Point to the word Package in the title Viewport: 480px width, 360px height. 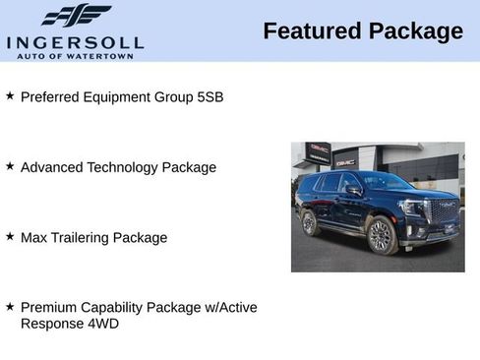pyautogui.click(x=416, y=31)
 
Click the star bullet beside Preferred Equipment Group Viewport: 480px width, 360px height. pyautogui.click(x=10, y=96)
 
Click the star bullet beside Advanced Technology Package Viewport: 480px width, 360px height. pyautogui.click(x=10, y=166)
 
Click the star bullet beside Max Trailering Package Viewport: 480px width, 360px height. pyautogui.click(x=10, y=236)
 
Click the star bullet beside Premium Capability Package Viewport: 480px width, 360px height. pyautogui.click(x=10, y=306)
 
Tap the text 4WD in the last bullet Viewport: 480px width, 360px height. pyautogui.click(x=101, y=323)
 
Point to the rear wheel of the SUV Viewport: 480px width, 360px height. pyautogui.click(x=310, y=223)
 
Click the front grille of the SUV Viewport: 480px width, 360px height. pyautogui.click(x=444, y=211)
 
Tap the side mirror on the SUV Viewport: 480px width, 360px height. pyautogui.click(x=352, y=189)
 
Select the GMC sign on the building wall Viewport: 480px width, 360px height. pyautogui.click(x=345, y=161)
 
